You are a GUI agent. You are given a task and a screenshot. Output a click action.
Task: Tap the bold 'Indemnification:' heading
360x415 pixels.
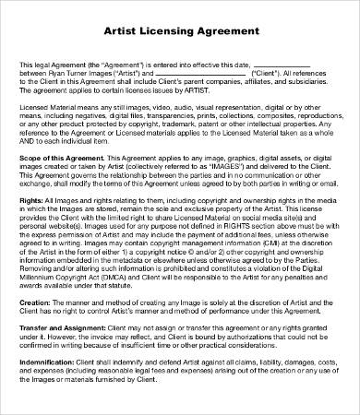(45, 387)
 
